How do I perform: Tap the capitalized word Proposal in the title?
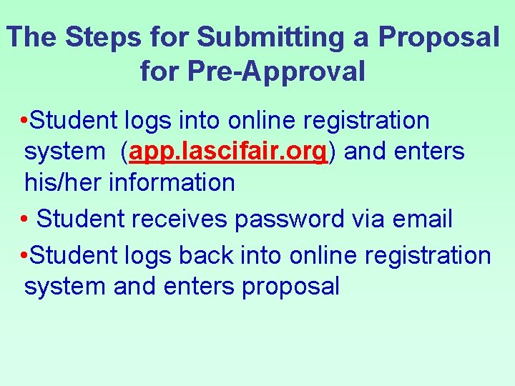coord(438,37)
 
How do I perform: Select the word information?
coord(172,182)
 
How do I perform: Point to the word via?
coord(367,219)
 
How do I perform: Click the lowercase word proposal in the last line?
coord(290,287)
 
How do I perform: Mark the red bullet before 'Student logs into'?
coord(25,121)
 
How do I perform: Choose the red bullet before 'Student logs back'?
coord(25,255)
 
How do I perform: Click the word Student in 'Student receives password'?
coord(79,219)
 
